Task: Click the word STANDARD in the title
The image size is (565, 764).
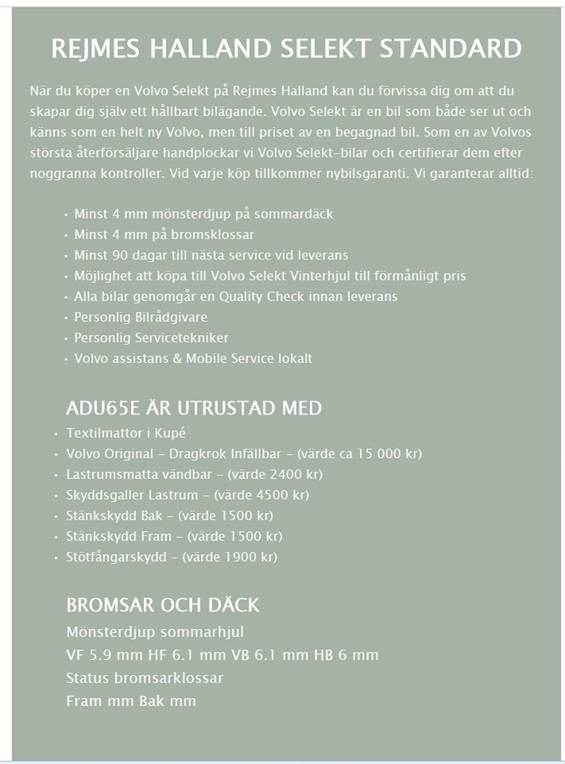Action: coord(450,49)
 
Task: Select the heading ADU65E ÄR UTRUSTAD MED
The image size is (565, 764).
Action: coord(194,408)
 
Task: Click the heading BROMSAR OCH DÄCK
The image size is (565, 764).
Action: coord(162,605)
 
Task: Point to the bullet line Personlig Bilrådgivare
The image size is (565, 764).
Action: coord(141,317)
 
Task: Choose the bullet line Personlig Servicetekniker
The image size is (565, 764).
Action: coord(151,338)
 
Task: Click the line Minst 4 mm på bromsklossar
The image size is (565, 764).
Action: coord(164,234)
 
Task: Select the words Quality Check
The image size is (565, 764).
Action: coord(261,297)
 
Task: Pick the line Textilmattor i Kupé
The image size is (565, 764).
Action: coord(126,433)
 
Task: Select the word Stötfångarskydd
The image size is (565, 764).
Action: coord(116,557)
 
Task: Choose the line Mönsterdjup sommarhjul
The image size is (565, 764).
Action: coord(154,632)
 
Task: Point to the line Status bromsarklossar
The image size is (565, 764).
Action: coord(145,678)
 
